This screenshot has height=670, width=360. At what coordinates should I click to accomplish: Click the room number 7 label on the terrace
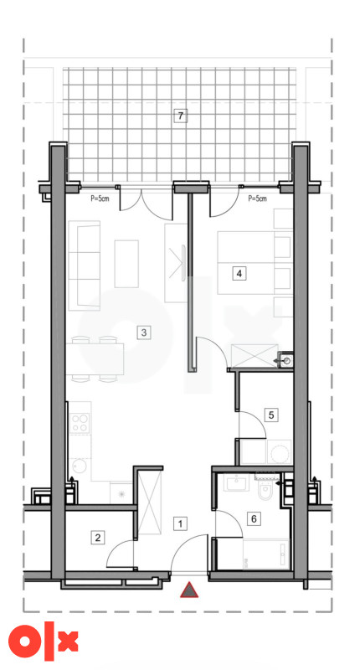point(181,116)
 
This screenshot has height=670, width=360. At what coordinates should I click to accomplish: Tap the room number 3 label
point(143,332)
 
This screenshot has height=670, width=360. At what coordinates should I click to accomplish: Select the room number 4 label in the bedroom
point(239,273)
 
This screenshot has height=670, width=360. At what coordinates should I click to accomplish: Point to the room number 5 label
point(271,415)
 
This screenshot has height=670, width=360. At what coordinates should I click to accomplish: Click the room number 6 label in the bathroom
point(254,518)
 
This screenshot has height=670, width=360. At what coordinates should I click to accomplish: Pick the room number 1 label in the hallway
point(181,523)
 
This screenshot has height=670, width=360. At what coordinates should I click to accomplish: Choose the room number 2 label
point(98,538)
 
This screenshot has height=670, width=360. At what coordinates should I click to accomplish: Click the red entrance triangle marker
point(188,590)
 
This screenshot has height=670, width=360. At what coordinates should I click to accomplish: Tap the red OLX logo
point(44,641)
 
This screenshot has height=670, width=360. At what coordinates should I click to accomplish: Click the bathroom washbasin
point(235,483)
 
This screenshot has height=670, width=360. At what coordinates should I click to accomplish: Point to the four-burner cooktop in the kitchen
point(80,423)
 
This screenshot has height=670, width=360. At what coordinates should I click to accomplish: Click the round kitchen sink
point(79,466)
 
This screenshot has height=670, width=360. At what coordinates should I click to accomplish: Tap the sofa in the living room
point(84,265)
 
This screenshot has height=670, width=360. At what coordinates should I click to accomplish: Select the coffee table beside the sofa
point(126,264)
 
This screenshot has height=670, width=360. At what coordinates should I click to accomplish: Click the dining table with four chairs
point(95,359)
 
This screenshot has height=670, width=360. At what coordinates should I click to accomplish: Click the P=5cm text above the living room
point(100,198)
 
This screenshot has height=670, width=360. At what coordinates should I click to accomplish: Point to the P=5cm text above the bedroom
point(257,198)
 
